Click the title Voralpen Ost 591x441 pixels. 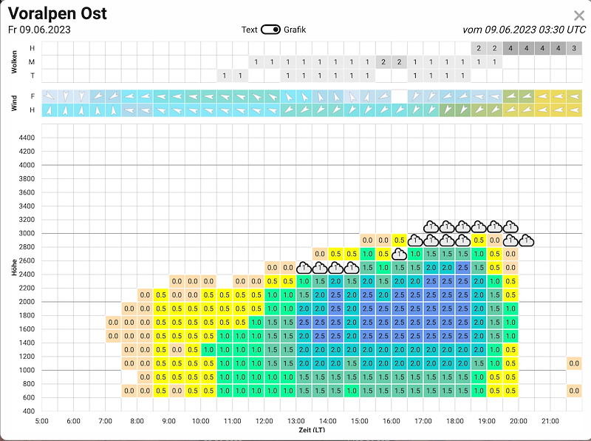pyautogui.click(x=58, y=13)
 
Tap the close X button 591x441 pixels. pyautogui.click(x=579, y=16)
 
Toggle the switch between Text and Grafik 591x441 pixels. pyautogui.click(x=270, y=30)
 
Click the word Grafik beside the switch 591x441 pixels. pyautogui.click(x=295, y=30)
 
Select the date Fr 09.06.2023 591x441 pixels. pyautogui.click(x=39, y=30)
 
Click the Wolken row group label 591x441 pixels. pyautogui.click(x=14, y=61)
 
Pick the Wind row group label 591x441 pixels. pyautogui.click(x=14, y=103)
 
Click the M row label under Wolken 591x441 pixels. pyautogui.click(x=33, y=62)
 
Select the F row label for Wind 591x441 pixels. pyautogui.click(x=33, y=96)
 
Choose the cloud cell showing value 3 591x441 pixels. pyautogui.click(x=574, y=48)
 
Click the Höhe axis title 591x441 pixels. pyautogui.click(x=14, y=267)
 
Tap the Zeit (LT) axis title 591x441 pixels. pyautogui.click(x=312, y=430)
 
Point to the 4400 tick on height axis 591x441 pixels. pyautogui.click(x=27, y=138)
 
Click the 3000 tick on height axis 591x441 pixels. pyautogui.click(x=27, y=233)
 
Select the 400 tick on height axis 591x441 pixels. pyautogui.click(x=29, y=411)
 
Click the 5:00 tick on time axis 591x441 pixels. pyautogui.click(x=41, y=421)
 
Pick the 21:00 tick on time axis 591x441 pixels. pyautogui.click(x=550, y=421)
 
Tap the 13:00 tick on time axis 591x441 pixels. pyautogui.click(x=296, y=421)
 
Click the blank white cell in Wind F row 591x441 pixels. pyautogui.click(x=400, y=96)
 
